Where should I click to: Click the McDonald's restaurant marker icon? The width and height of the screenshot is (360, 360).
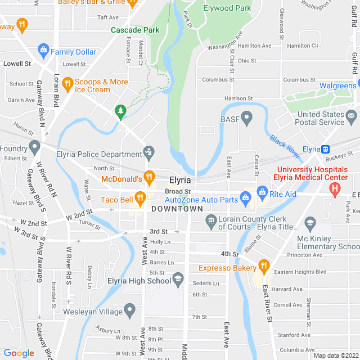(x=149, y=178)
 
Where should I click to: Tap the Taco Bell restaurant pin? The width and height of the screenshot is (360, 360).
(x=140, y=197)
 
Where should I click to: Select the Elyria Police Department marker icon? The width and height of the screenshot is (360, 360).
(x=148, y=152)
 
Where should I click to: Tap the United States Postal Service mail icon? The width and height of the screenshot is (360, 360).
(x=352, y=116)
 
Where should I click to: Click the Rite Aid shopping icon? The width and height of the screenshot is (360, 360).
(x=262, y=192)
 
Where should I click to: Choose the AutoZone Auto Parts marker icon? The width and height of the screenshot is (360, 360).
(x=245, y=197)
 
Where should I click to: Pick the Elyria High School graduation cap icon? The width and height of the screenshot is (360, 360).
(x=178, y=279)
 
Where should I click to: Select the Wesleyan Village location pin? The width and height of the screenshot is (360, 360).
(x=130, y=309)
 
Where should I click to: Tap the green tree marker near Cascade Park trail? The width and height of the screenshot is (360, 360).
(x=120, y=111)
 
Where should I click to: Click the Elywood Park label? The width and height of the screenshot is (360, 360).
(x=227, y=8)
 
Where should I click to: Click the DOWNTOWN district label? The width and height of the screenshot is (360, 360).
(x=177, y=209)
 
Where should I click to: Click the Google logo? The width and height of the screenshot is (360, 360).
(x=19, y=353)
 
